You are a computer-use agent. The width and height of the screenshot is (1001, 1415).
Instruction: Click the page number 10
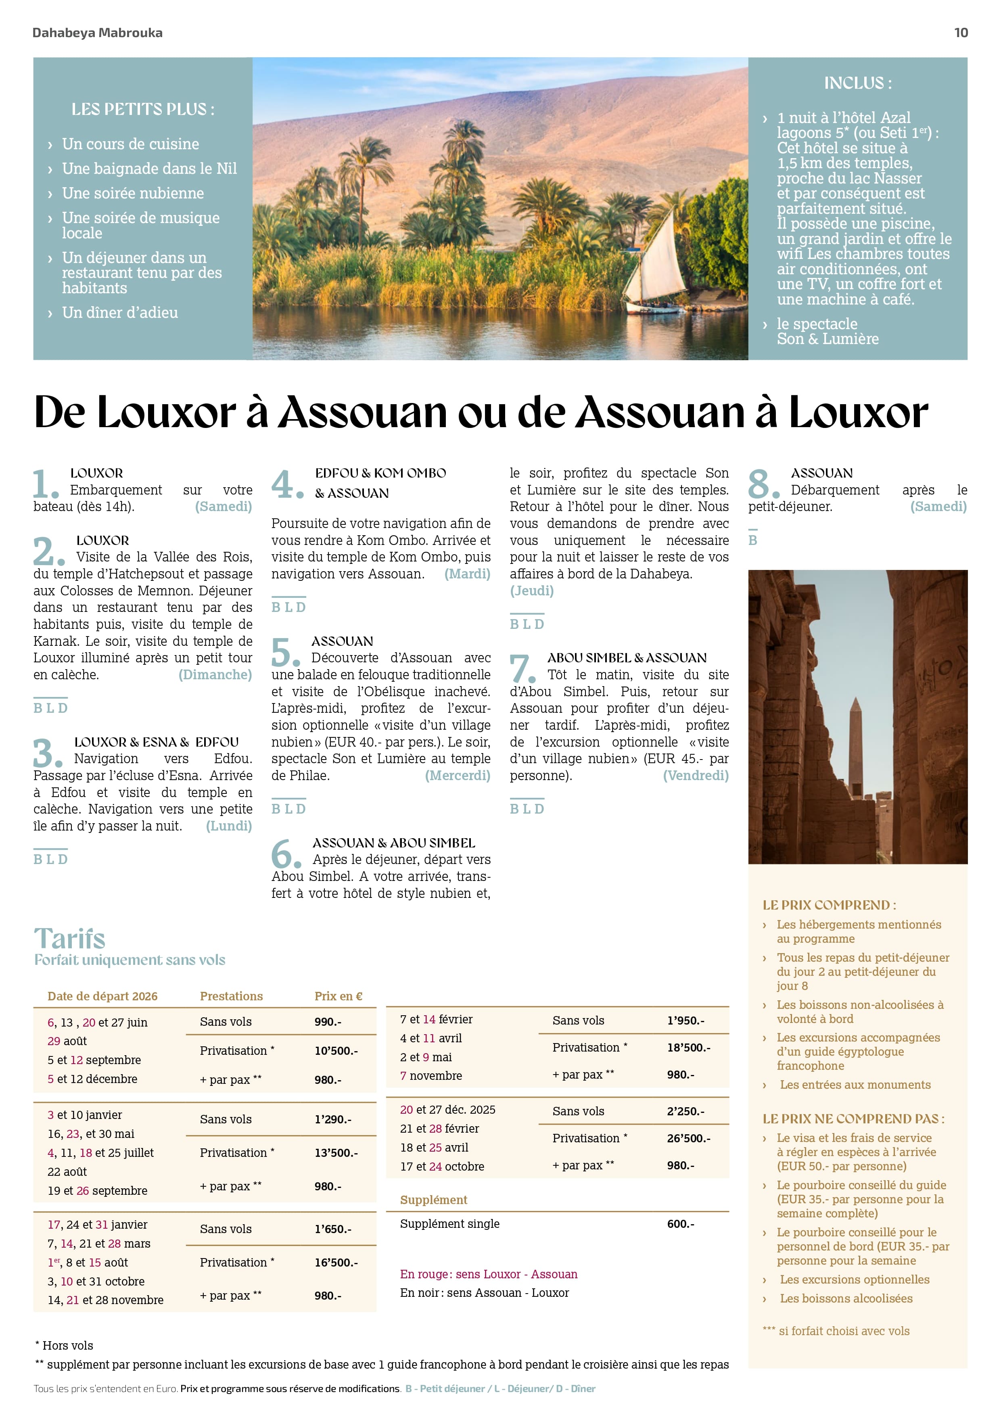(960, 33)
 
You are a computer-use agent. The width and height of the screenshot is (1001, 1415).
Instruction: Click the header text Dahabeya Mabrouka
(97, 33)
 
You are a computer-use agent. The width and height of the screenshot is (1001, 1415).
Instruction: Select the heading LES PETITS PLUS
(142, 110)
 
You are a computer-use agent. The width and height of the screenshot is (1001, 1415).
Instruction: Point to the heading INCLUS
(857, 83)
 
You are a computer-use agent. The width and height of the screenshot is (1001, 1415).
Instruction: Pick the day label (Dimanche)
(215, 675)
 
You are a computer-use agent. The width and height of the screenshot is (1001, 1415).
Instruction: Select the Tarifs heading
(70, 939)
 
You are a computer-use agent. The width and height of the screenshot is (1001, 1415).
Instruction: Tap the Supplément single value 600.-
(681, 1223)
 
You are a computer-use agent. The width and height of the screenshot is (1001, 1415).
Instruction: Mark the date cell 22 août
(67, 1171)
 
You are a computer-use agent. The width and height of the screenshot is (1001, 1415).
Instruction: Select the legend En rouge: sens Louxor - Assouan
(488, 1274)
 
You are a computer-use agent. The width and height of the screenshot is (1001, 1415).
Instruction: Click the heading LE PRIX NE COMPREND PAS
(853, 1119)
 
